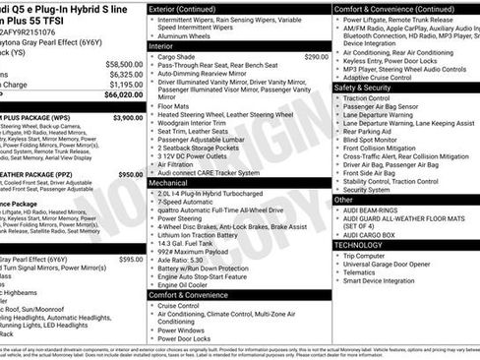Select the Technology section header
pyautogui.click(x=363, y=245)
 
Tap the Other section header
pyautogui.click(x=344, y=199)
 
